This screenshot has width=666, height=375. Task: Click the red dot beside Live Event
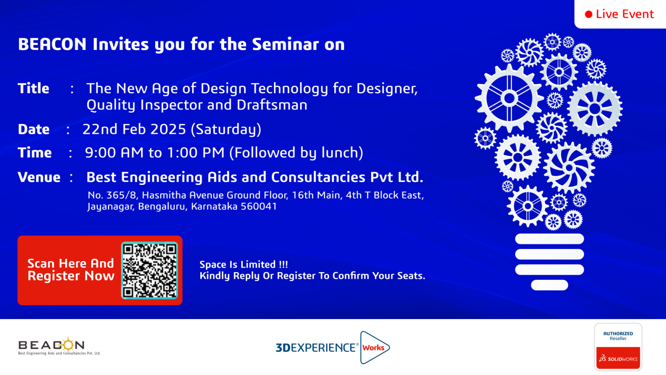[x=588, y=14]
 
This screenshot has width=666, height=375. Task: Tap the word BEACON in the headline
[x=52, y=44]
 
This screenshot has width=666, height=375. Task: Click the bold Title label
[x=33, y=89]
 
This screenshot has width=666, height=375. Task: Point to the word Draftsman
[x=272, y=105]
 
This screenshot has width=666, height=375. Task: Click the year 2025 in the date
[x=168, y=129]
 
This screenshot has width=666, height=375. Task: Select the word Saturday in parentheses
[x=226, y=129]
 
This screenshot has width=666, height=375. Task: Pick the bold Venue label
[x=39, y=177]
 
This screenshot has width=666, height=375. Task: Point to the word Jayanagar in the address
[x=110, y=207]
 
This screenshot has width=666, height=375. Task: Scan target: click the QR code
[x=150, y=270]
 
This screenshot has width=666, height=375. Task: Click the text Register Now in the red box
[x=71, y=276]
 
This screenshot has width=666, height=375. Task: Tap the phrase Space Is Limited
[x=237, y=264]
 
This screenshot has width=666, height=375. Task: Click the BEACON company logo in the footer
[x=59, y=346]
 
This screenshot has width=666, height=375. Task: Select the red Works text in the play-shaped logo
[x=373, y=348]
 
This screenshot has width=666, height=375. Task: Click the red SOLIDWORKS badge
[x=618, y=358]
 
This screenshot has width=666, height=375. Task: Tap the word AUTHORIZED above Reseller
[x=618, y=334]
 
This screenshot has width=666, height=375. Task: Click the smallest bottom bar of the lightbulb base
[x=549, y=285]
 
